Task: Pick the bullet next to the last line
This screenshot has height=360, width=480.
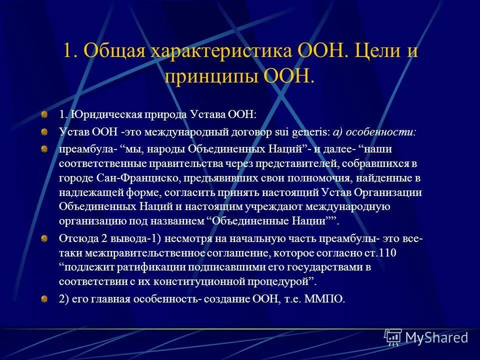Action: (x=44, y=298)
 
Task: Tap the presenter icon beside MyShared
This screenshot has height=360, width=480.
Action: (x=393, y=337)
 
